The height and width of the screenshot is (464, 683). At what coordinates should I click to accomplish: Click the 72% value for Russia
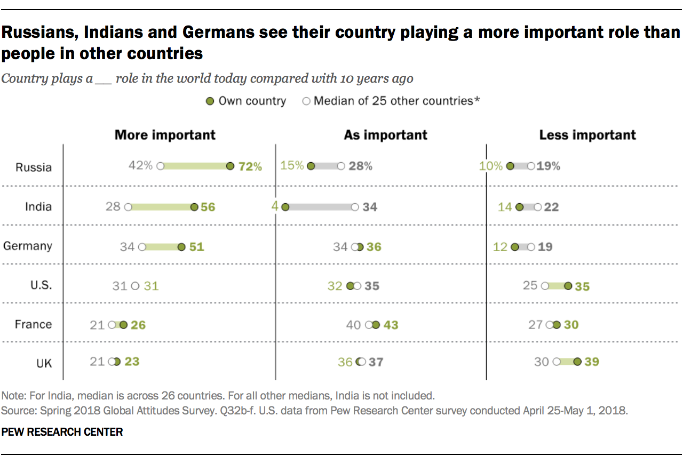(x=250, y=166)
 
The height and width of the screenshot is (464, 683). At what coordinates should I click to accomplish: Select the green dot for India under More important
(x=194, y=207)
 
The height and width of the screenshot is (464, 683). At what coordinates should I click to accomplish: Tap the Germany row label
(x=28, y=246)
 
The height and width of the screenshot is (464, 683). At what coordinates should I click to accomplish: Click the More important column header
(x=165, y=134)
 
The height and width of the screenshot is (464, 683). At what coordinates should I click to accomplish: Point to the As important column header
(x=385, y=135)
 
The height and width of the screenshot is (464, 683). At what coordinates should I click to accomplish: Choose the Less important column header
(x=587, y=135)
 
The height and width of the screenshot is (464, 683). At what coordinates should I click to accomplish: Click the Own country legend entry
(x=247, y=101)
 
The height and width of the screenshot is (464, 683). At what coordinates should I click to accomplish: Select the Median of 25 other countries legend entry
(x=392, y=101)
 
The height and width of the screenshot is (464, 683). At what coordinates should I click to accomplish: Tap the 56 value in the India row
(x=208, y=207)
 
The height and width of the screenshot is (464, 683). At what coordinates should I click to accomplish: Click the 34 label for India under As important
(x=370, y=207)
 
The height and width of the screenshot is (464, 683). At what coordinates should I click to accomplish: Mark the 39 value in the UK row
(x=592, y=362)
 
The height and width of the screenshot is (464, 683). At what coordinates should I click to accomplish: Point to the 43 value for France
(x=391, y=325)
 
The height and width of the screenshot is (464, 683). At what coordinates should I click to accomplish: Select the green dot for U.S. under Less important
(x=568, y=286)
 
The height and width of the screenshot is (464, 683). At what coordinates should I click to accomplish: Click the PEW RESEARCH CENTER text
(x=62, y=432)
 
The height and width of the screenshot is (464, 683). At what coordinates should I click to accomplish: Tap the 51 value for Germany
(x=197, y=247)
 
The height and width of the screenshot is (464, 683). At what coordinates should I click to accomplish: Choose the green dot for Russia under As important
(x=311, y=166)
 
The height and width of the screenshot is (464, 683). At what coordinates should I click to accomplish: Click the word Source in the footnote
(x=16, y=411)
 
